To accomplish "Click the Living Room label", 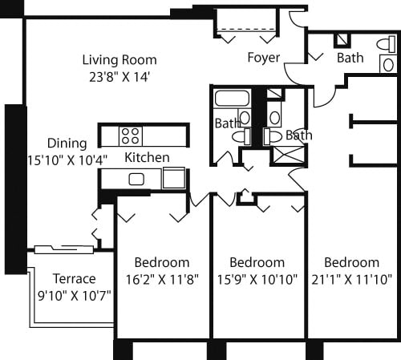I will pyautogui.click(x=119, y=60).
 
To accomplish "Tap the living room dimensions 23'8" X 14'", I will pyautogui.click(x=119, y=77).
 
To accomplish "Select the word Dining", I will pyautogui.click(x=67, y=144).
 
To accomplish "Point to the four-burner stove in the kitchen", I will pyautogui.click(x=131, y=136).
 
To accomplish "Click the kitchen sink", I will pyautogui.click(x=136, y=179).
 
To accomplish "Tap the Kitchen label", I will pyautogui.click(x=147, y=158).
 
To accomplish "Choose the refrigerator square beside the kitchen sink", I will pyautogui.click(x=173, y=178).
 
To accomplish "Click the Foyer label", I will pyautogui.click(x=263, y=58).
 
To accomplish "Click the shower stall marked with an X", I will pyautogui.click(x=285, y=154).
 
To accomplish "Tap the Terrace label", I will pyautogui.click(x=74, y=279).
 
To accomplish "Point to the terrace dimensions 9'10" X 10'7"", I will pyautogui.click(x=74, y=295).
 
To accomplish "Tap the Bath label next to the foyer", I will pyautogui.click(x=350, y=58).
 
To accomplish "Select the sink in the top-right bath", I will pyautogui.click(x=388, y=64).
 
